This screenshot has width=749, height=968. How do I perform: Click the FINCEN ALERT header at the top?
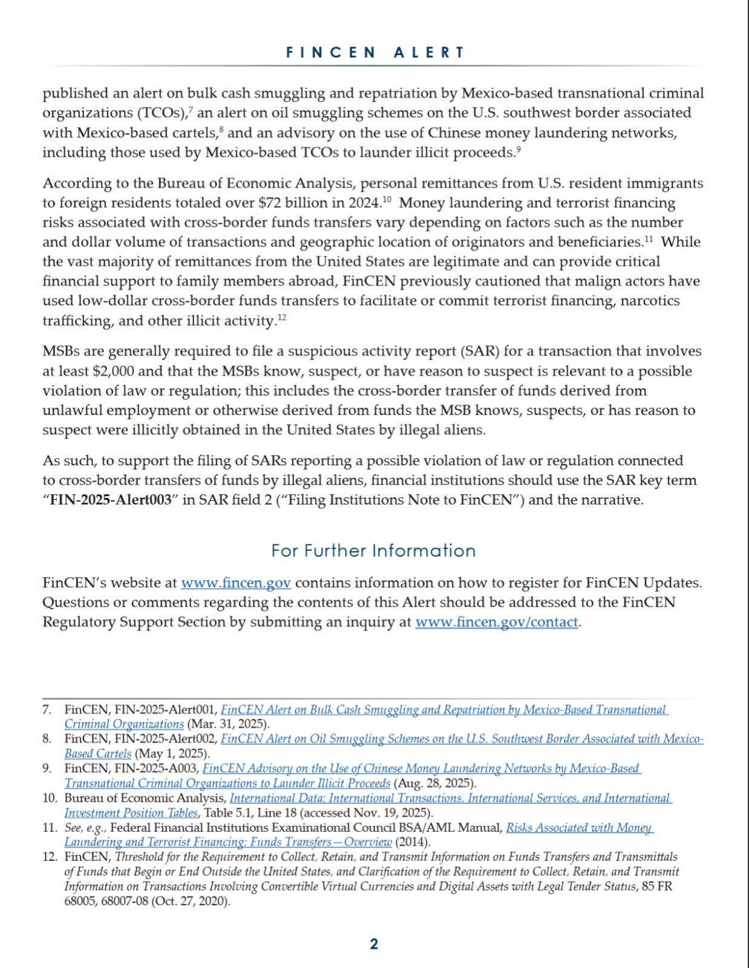click(x=374, y=53)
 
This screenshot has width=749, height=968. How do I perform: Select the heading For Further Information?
click(x=373, y=551)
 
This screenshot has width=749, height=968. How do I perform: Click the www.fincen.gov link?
click(x=236, y=583)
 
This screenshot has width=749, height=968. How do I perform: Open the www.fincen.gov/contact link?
click(x=497, y=623)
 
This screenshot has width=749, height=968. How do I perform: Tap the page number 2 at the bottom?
click(x=374, y=944)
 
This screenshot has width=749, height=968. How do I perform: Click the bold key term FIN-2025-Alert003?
click(x=112, y=500)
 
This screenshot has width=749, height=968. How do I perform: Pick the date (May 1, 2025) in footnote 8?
click(x=172, y=754)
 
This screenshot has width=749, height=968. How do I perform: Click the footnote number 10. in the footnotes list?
click(x=50, y=798)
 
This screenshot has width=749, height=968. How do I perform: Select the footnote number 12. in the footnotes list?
click(x=50, y=857)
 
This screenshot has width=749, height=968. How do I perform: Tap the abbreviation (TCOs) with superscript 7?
click(x=165, y=113)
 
